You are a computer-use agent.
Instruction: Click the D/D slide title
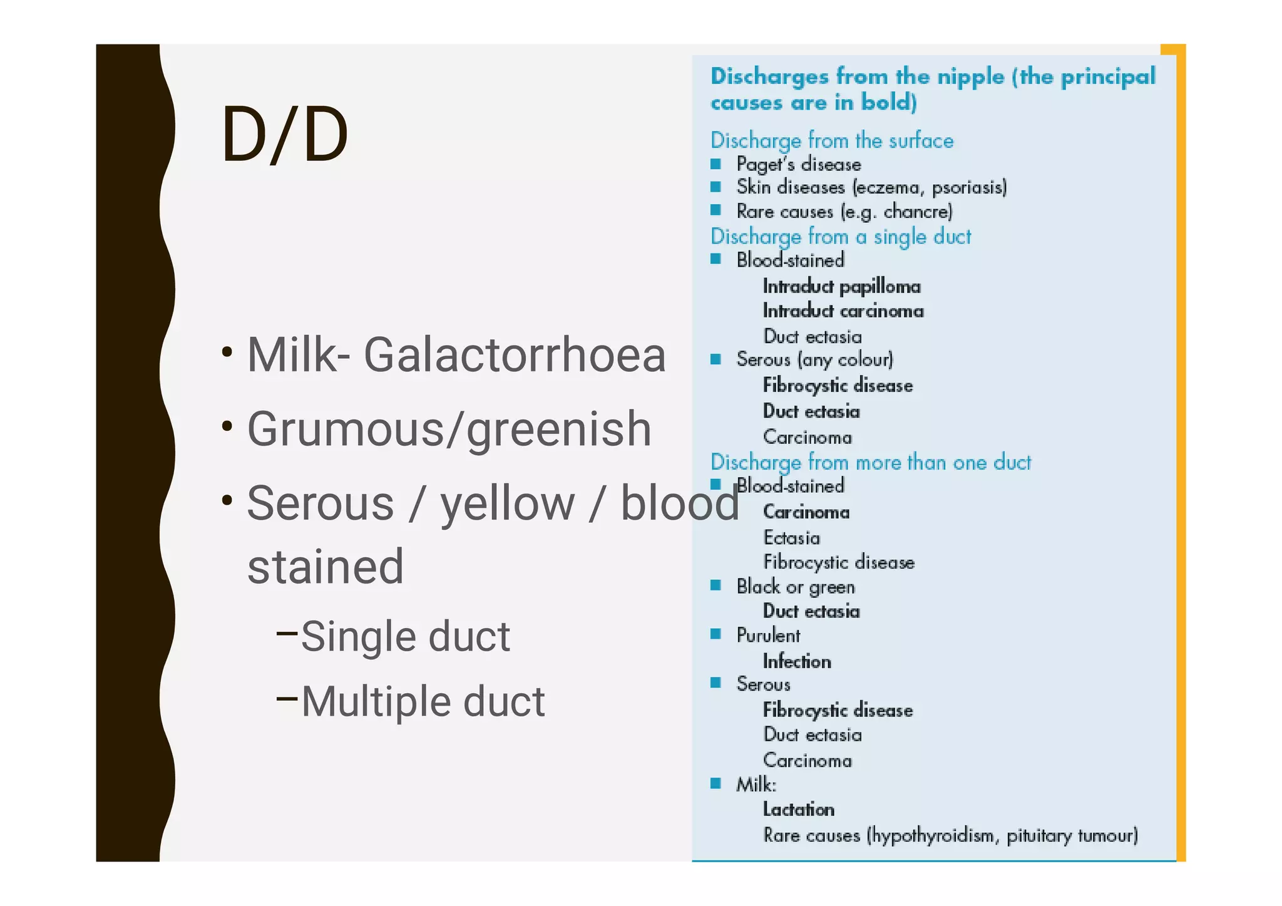pyautogui.click(x=284, y=135)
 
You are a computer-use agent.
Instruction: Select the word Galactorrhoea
pyautogui.click(x=514, y=355)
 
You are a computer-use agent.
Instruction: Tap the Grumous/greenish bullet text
pyautogui.click(x=449, y=430)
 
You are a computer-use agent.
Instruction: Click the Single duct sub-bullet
pyautogui.click(x=405, y=637)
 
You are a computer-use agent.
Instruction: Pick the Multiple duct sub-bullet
pyautogui.click(x=423, y=701)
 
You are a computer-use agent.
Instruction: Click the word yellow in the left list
pyautogui.click(x=507, y=504)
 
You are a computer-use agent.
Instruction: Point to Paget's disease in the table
pyautogui.click(x=798, y=165)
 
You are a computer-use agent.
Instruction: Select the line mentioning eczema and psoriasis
pyautogui.click(x=871, y=187)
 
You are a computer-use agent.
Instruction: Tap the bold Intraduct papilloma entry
pyautogui.click(x=841, y=287)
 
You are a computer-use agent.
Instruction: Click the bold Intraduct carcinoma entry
pyautogui.click(x=843, y=311)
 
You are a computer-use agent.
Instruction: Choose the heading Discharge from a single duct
pyautogui.click(x=840, y=237)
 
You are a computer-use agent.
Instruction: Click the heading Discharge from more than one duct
pyautogui.click(x=870, y=462)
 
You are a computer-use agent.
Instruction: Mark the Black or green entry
pyautogui.click(x=795, y=587)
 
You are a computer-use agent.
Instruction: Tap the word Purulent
pyautogui.click(x=768, y=636)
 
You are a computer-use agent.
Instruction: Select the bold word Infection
pyautogui.click(x=796, y=661)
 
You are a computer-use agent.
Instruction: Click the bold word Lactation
pyautogui.click(x=798, y=810)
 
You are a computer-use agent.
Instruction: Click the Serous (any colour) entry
pyautogui.click(x=814, y=359)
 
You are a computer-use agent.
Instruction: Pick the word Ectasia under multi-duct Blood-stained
pyautogui.click(x=791, y=538)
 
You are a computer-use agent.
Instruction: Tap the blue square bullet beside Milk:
pyautogui.click(x=716, y=783)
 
